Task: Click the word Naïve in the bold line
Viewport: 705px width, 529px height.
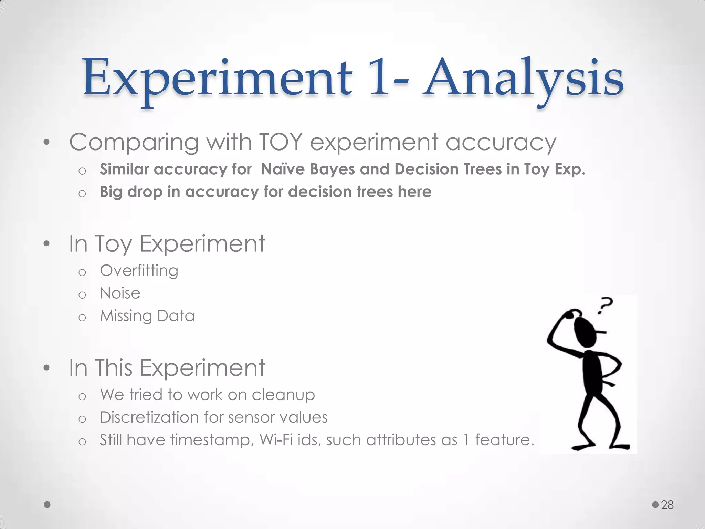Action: click(x=283, y=169)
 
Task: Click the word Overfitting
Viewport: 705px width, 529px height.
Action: click(x=139, y=271)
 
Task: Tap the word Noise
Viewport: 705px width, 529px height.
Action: click(x=120, y=293)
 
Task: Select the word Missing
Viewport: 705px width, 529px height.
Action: click(x=125, y=316)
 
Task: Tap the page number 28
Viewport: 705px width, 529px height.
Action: click(x=667, y=505)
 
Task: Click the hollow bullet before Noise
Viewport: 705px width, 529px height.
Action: click(x=82, y=295)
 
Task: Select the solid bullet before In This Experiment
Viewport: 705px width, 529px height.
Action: click(x=47, y=368)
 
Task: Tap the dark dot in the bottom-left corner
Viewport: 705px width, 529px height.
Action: click(x=48, y=505)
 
